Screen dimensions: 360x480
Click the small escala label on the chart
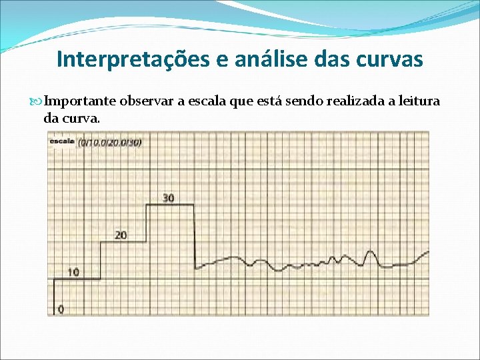coord(61,141)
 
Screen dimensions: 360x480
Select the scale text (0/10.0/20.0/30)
coord(110,142)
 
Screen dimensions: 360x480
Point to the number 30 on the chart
coord(169,198)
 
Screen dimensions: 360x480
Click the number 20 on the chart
coord(120,235)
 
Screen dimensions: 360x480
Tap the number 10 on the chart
coord(73,272)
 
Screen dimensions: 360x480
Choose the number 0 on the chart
coord(61,309)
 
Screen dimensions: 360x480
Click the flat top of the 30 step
coord(170,205)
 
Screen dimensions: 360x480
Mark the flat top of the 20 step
coord(123,242)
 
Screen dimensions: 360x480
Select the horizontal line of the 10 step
coord(77,279)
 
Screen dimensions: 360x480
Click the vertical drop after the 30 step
coord(194,233)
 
